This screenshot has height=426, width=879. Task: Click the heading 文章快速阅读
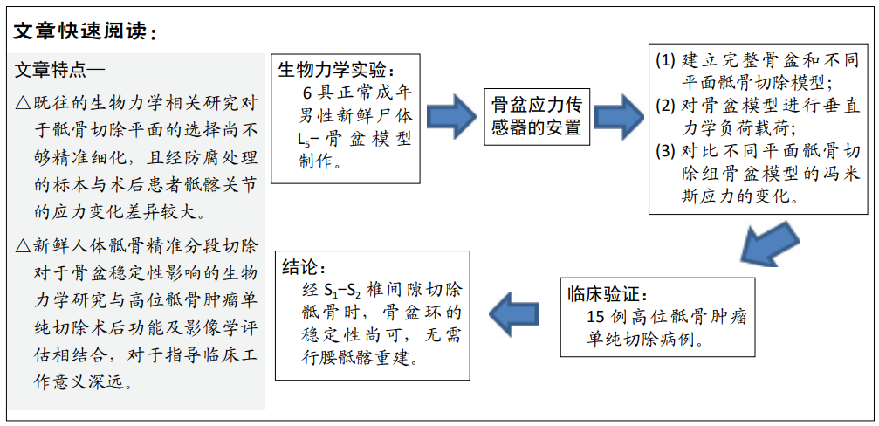coord(84,31)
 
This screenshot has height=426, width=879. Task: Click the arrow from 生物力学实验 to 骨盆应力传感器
coord(453,114)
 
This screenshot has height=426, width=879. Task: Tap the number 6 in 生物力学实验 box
coord(306,93)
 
